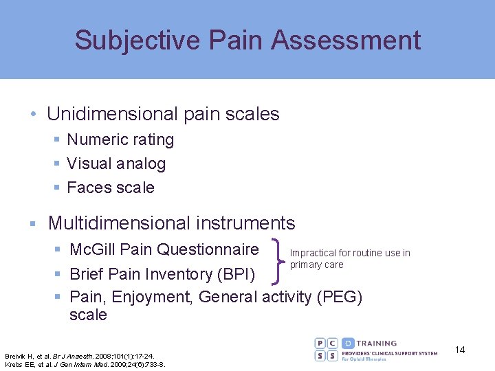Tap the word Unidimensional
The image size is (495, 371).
click(111, 114)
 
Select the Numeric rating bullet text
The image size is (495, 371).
click(120, 140)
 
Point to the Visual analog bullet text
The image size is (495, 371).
click(116, 164)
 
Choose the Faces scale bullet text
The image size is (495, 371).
click(111, 188)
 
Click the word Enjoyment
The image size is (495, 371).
click(147, 297)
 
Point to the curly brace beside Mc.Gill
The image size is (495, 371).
click(280, 260)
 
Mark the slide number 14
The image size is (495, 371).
click(460, 350)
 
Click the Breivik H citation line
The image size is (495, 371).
click(80, 356)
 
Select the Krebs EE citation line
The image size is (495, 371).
click(85, 364)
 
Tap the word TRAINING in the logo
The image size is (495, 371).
click(377, 343)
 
